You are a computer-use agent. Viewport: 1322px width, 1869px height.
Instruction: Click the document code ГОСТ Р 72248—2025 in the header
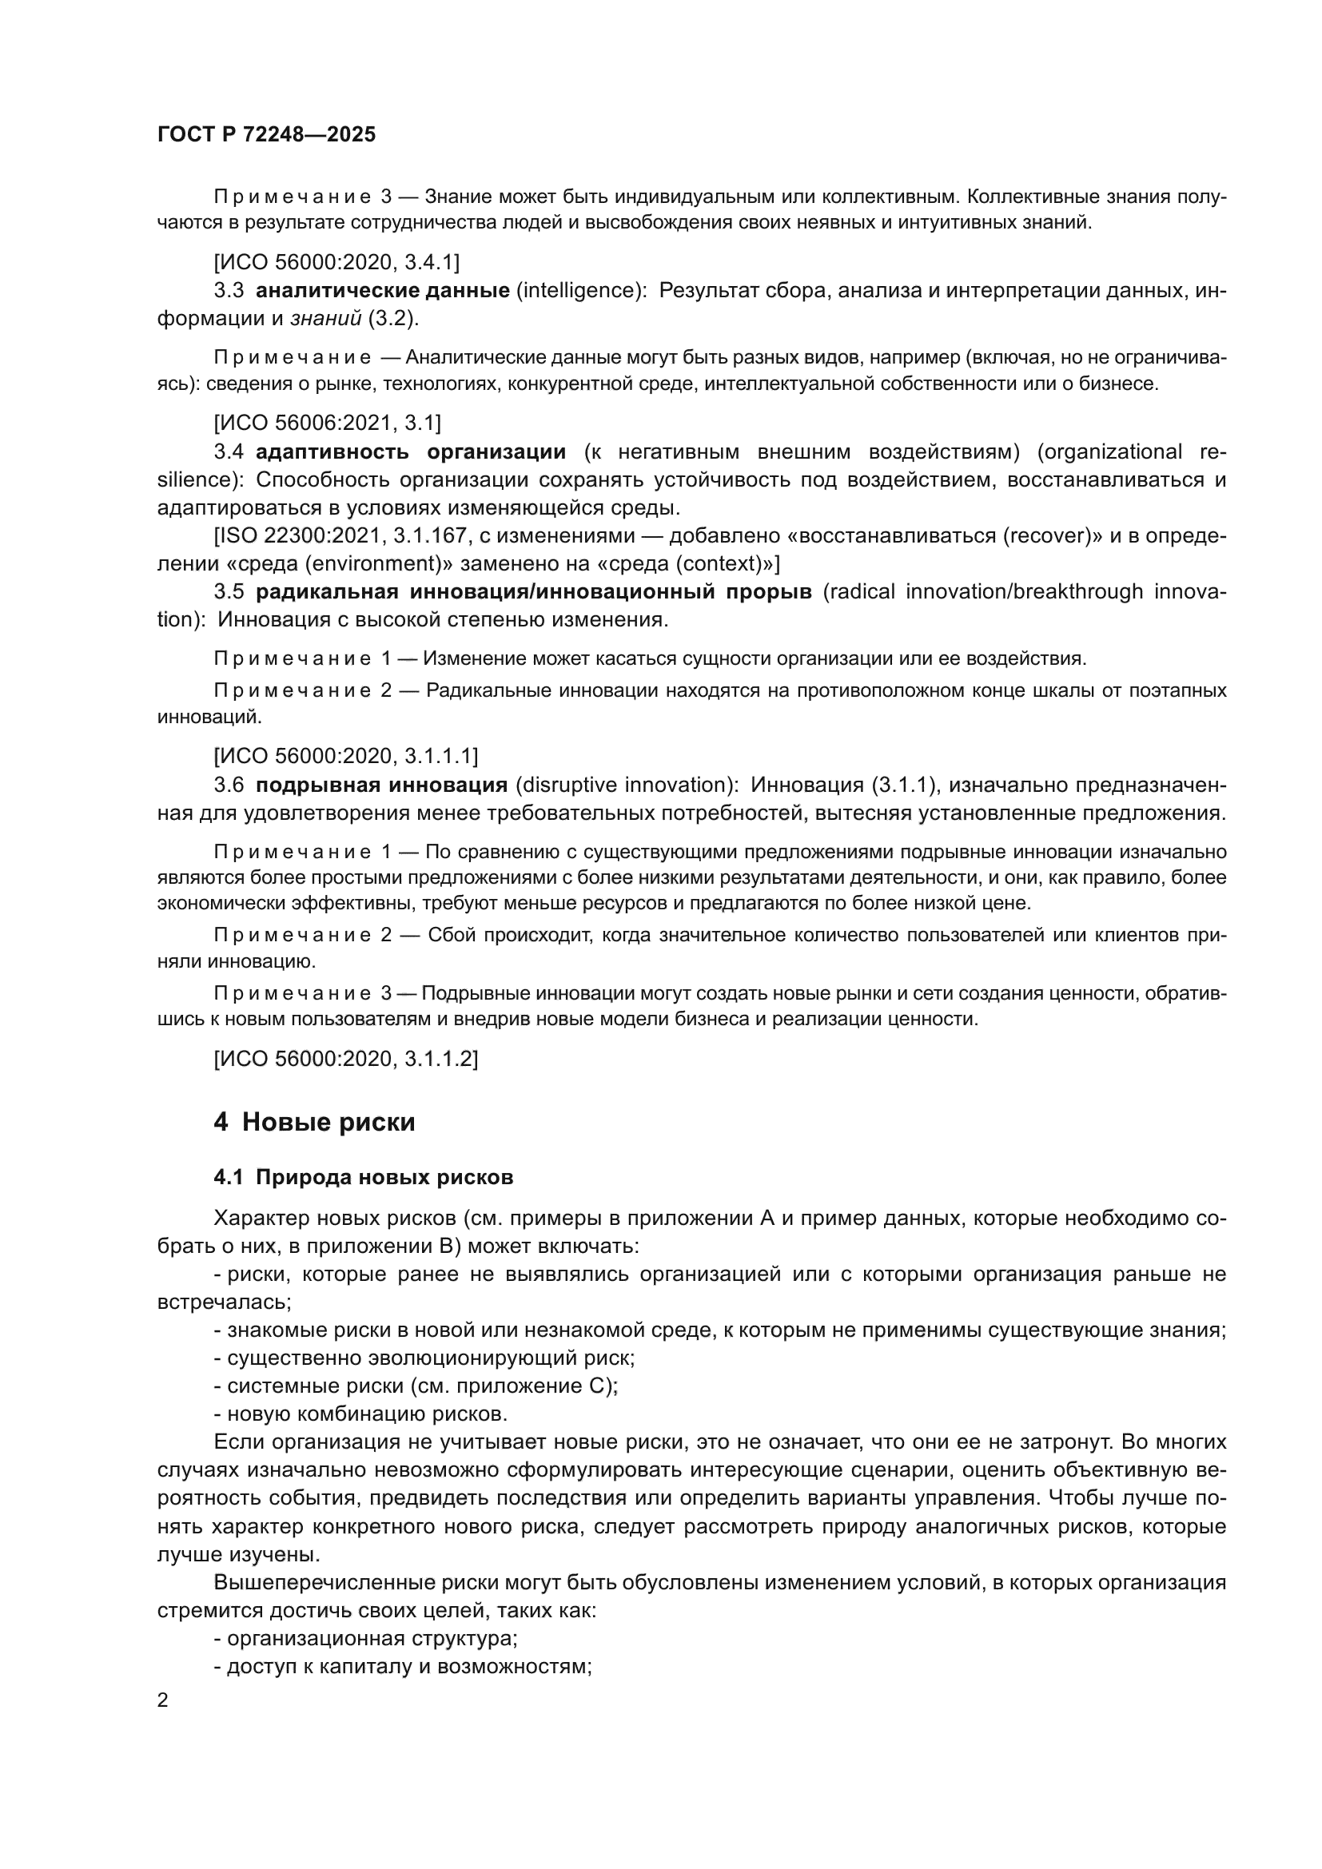[x=266, y=135]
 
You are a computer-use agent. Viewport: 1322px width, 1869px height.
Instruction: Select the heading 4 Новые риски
[x=314, y=1123]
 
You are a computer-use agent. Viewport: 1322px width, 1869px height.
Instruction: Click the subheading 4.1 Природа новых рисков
[x=363, y=1177]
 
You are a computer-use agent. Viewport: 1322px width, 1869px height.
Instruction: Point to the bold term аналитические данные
[x=383, y=291]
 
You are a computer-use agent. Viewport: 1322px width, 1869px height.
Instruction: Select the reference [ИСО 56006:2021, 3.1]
[x=327, y=423]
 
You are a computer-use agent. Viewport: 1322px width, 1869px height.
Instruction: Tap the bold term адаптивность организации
[x=411, y=451]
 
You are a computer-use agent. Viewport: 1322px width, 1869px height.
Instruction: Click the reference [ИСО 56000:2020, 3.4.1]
[x=336, y=262]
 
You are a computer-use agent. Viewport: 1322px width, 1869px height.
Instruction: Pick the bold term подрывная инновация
[x=382, y=785]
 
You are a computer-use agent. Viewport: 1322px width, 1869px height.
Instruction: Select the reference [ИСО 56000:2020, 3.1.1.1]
[x=346, y=756]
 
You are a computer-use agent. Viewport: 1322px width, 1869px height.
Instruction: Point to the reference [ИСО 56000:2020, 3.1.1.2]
[x=346, y=1058]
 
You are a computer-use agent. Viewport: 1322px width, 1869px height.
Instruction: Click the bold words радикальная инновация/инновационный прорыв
[x=534, y=592]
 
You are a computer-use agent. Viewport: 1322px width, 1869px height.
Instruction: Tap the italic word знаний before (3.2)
[x=325, y=319]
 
